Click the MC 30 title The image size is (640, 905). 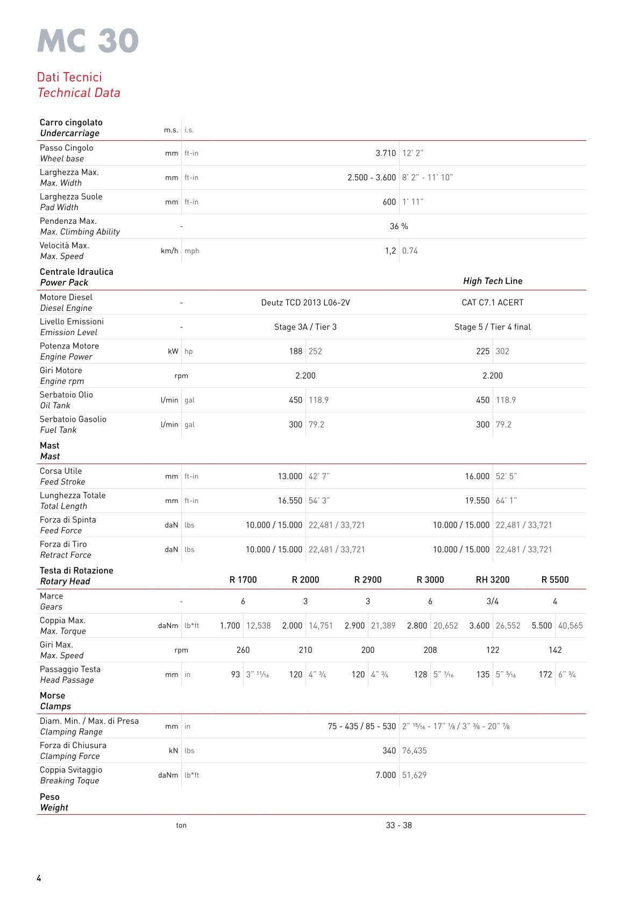click(x=88, y=41)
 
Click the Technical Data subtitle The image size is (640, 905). click(x=79, y=92)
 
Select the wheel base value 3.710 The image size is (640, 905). click(x=385, y=153)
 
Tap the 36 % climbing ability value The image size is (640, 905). click(x=399, y=226)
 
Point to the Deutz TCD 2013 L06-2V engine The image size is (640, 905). click(x=305, y=303)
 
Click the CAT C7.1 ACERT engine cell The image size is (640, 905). click(x=492, y=303)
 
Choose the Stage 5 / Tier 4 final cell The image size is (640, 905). click(x=492, y=327)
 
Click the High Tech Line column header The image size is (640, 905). click(x=492, y=281)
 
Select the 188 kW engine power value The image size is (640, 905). click(x=295, y=352)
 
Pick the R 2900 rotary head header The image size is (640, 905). click(x=367, y=580)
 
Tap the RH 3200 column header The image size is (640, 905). click(x=492, y=580)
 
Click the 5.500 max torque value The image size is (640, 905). click(x=542, y=626)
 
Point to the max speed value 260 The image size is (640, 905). click(x=243, y=650)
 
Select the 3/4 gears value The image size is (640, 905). click(x=492, y=602)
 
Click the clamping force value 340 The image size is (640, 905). click(x=388, y=751)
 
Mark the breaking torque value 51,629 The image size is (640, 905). click(x=414, y=775)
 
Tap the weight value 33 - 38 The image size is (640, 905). click(x=399, y=825)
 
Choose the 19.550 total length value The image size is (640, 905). click(x=477, y=501)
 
